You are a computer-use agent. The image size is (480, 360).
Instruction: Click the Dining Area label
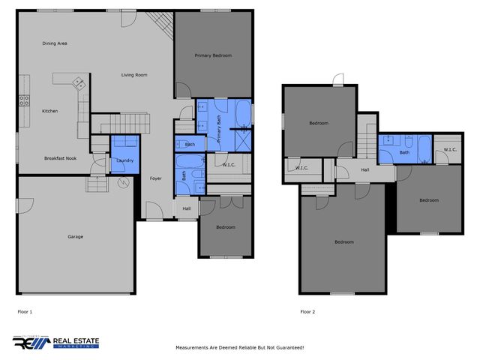55,43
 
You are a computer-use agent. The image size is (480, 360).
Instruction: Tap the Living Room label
135,74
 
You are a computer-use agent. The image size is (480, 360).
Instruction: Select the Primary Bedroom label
213,55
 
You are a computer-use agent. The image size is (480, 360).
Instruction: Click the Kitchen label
49,111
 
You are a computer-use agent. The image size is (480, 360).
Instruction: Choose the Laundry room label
124,160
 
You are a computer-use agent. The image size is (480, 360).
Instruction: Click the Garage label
75,236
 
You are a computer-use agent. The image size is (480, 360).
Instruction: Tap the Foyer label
156,178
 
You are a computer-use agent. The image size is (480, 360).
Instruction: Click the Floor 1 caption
25,311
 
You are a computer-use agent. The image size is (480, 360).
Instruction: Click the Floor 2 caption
307,311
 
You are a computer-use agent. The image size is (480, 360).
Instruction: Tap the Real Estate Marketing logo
55,343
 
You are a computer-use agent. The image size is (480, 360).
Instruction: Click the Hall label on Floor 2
364,170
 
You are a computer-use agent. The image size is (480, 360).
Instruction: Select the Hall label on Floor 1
186,208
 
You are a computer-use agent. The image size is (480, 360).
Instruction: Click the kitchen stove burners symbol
24,100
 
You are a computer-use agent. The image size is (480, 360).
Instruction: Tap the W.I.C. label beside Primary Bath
230,164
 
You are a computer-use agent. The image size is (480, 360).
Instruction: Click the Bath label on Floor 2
404,152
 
